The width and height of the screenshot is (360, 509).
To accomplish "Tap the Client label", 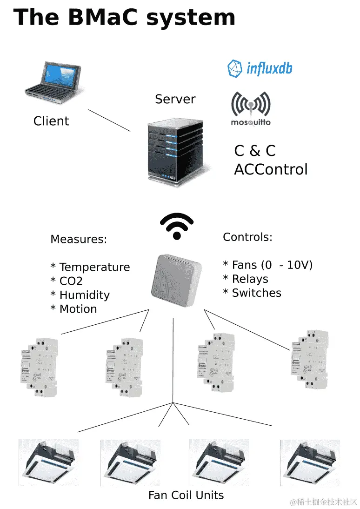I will pos(51,121).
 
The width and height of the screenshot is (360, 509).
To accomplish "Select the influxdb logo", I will pos(260,69).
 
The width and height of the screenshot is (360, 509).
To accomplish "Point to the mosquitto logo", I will pos(251,110).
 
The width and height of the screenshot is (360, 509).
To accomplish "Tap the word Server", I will pos(175,99).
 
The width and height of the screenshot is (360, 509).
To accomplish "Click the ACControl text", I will pos(271,169).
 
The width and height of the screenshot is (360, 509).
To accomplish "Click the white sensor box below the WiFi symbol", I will pos(176,280).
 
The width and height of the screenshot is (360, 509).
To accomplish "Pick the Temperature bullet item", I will pos(90,268).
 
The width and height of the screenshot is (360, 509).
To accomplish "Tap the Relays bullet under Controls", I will pos(246,279).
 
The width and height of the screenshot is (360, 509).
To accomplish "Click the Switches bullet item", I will pos(252,293).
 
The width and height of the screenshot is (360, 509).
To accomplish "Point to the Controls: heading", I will pos(247,237).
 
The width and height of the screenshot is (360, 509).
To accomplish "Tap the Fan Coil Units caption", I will pos(186,495).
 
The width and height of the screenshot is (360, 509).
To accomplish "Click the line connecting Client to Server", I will pos(109,121).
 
